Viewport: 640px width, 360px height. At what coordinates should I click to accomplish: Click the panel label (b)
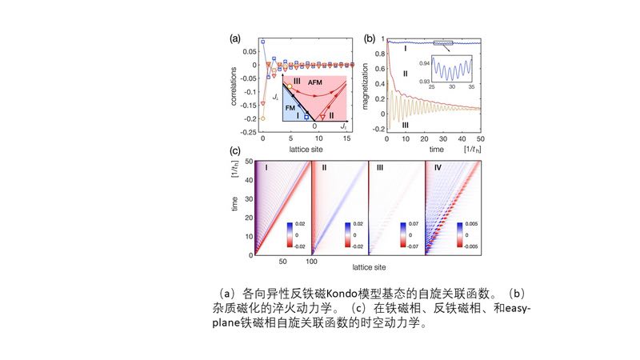(370, 38)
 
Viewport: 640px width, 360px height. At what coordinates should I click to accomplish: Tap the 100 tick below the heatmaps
(313, 262)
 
